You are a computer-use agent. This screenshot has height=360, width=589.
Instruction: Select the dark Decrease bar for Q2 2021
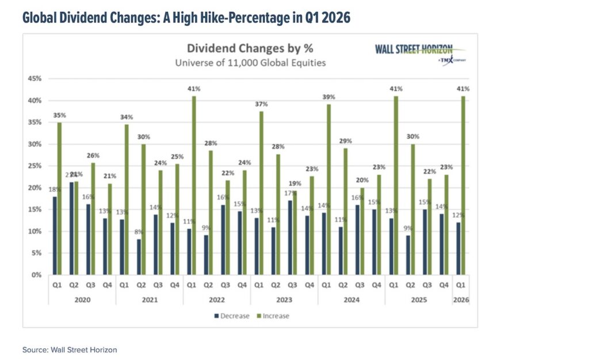(x=139, y=257)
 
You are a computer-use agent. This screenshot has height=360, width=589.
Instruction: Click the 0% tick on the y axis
(x=36, y=275)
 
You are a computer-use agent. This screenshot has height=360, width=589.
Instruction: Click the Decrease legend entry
(x=232, y=316)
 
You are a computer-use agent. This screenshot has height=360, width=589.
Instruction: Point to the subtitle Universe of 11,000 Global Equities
(x=251, y=62)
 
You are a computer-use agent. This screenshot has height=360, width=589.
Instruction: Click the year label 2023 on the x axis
(x=284, y=299)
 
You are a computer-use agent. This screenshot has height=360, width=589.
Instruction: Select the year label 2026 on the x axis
(x=460, y=299)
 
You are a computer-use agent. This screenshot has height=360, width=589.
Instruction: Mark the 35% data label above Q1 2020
(x=59, y=115)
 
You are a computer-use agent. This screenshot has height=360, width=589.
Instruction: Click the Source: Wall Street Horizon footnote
(x=70, y=350)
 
